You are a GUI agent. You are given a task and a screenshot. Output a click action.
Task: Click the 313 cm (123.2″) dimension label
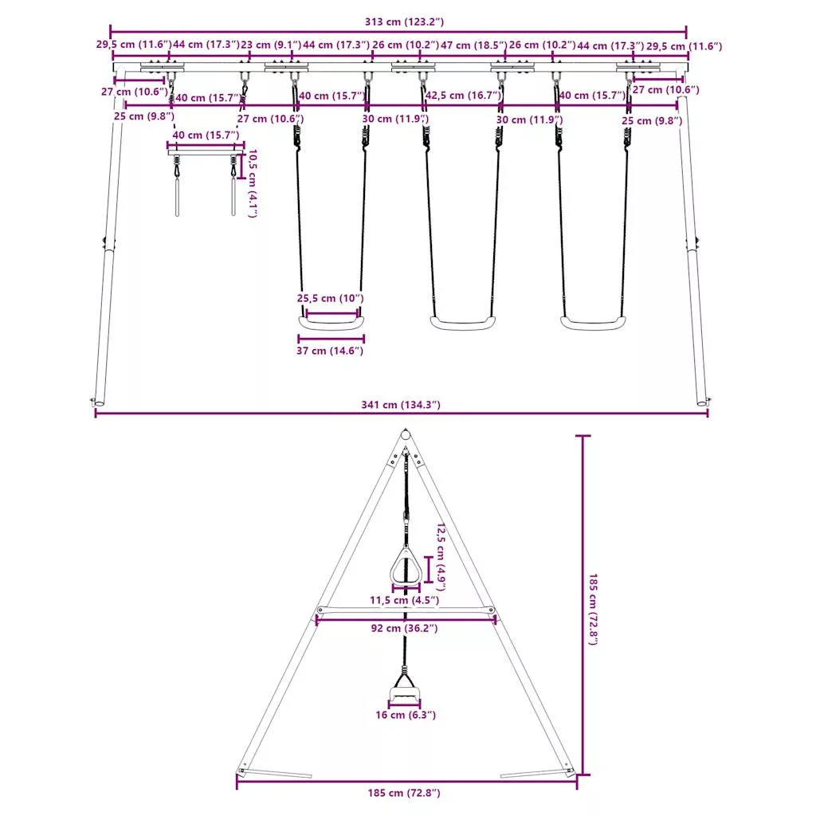[404, 22]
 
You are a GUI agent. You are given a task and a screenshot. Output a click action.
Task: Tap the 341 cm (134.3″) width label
[401, 405]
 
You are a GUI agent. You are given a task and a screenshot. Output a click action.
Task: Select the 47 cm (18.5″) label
[473, 45]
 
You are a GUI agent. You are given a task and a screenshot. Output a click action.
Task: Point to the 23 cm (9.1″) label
[271, 45]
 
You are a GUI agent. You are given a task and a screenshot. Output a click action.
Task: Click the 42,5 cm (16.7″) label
[463, 96]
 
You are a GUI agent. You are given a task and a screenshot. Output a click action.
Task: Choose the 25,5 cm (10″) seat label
[330, 299]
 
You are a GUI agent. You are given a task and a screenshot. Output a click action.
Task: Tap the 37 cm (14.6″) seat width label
[330, 351]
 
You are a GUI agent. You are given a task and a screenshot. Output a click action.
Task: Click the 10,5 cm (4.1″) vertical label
[253, 183]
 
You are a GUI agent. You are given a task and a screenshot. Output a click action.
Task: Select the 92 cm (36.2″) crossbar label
[404, 628]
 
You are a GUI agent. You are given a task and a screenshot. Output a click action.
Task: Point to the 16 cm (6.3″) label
[406, 715]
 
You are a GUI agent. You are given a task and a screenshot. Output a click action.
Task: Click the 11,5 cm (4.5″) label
[404, 600]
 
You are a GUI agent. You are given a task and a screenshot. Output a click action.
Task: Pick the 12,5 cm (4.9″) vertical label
[441, 557]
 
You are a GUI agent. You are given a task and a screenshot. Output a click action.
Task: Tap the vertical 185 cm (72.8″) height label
[593, 610]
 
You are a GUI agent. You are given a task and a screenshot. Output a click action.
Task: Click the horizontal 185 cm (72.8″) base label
[404, 793]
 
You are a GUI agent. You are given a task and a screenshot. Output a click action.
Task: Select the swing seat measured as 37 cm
[331, 324]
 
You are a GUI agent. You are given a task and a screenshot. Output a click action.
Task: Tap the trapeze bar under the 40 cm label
[206, 152]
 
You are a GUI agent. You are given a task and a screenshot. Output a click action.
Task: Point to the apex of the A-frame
[406, 431]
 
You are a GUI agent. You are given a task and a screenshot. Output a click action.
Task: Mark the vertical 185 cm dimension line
[583, 606]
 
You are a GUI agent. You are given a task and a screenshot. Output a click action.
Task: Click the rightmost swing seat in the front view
[593, 324]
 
